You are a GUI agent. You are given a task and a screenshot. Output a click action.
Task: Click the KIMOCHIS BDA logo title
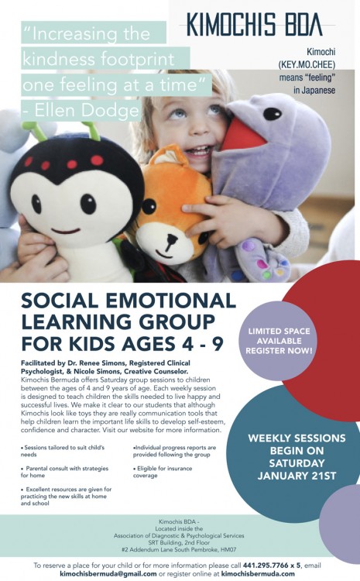(254, 25)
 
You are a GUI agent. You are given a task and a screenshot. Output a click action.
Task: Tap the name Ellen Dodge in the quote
(86, 111)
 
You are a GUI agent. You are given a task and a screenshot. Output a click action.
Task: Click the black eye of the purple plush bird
(273, 113)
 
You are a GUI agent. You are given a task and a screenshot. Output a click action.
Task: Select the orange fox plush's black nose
(171, 239)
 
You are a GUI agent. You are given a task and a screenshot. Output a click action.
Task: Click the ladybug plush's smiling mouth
(66, 231)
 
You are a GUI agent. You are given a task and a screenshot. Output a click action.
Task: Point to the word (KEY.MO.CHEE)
(307, 65)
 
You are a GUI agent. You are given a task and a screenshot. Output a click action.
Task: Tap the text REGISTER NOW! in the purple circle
(279, 350)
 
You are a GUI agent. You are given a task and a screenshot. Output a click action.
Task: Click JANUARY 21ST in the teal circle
(297, 476)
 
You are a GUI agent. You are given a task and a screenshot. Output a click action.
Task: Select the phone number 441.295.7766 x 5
(272, 566)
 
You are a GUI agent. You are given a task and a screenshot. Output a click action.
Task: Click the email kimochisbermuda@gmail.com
(108, 573)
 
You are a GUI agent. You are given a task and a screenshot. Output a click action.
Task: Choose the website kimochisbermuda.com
(258, 573)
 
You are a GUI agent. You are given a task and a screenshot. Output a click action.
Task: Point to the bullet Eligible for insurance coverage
(163, 472)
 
